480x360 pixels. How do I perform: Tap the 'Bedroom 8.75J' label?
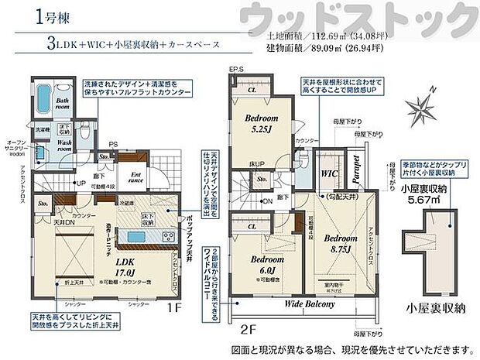click(338, 243)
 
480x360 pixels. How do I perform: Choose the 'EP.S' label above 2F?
click(237, 71)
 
